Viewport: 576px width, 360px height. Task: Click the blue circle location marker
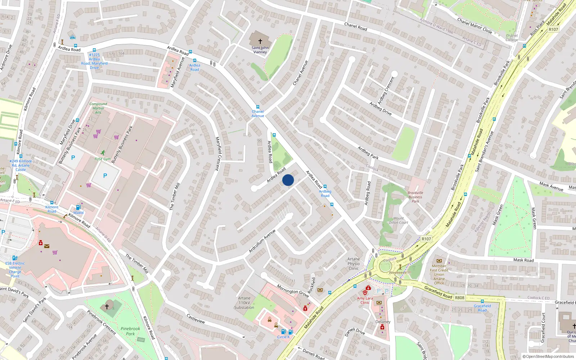tap(288, 180)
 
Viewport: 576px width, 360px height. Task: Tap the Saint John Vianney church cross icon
tap(260, 41)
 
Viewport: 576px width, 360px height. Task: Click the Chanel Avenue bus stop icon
tap(257, 107)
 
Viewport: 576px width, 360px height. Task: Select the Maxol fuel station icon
tap(78, 207)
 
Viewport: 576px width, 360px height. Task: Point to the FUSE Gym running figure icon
tap(103, 153)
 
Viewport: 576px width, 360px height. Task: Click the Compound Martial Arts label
tap(98, 108)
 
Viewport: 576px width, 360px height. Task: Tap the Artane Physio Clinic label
tap(354, 264)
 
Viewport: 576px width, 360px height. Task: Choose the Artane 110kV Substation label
tap(244, 303)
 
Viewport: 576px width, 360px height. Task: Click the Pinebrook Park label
tap(130, 331)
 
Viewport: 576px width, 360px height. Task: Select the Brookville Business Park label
tap(415, 197)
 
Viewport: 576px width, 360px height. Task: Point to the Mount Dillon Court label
tap(399, 220)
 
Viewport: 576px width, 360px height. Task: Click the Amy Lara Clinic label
tap(365, 300)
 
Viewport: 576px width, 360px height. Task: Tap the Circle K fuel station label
tap(283, 337)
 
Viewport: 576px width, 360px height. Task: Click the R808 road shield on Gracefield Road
tap(460, 298)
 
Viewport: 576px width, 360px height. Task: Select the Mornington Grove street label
tap(293, 291)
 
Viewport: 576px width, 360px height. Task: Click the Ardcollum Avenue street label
tap(262, 241)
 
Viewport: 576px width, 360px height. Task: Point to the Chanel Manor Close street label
tap(474, 26)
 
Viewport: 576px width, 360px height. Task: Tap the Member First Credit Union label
tap(439, 274)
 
